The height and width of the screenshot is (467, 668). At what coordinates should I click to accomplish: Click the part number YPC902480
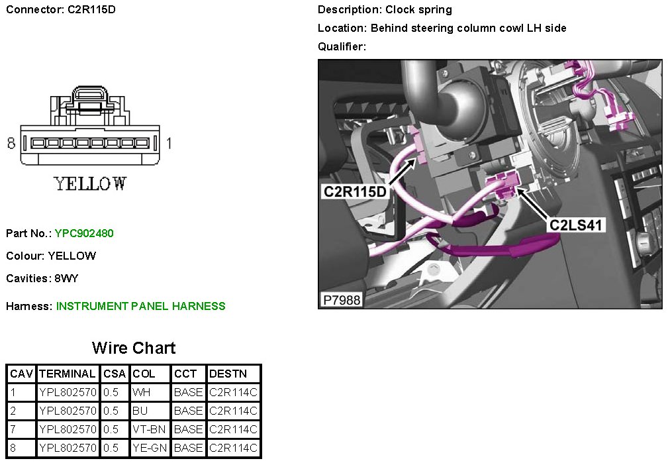(x=84, y=233)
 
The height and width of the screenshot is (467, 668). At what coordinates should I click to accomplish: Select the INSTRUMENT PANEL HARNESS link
(x=140, y=306)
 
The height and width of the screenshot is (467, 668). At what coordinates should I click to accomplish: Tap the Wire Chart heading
(x=134, y=348)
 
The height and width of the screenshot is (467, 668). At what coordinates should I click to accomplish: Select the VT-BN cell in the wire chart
(x=149, y=429)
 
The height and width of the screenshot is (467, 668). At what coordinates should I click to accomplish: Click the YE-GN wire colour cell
(x=150, y=448)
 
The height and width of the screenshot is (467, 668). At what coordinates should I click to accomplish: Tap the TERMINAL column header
(x=68, y=374)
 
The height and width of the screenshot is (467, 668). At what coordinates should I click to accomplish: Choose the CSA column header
(x=115, y=374)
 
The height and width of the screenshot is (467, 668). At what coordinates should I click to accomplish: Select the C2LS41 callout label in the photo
(x=575, y=225)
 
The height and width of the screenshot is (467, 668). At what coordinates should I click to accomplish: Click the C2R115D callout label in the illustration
(x=354, y=191)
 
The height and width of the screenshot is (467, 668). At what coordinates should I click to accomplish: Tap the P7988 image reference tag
(x=342, y=300)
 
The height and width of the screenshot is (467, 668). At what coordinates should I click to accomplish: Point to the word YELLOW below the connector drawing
(x=91, y=183)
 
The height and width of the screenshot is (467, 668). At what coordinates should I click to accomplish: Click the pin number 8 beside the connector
(x=11, y=142)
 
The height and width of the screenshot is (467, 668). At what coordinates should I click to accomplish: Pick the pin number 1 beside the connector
(x=169, y=142)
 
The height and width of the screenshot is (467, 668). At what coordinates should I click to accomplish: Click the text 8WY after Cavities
(x=67, y=278)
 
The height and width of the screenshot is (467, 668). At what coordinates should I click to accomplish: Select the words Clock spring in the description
(x=418, y=9)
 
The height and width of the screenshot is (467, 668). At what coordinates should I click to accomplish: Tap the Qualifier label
(x=342, y=46)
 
